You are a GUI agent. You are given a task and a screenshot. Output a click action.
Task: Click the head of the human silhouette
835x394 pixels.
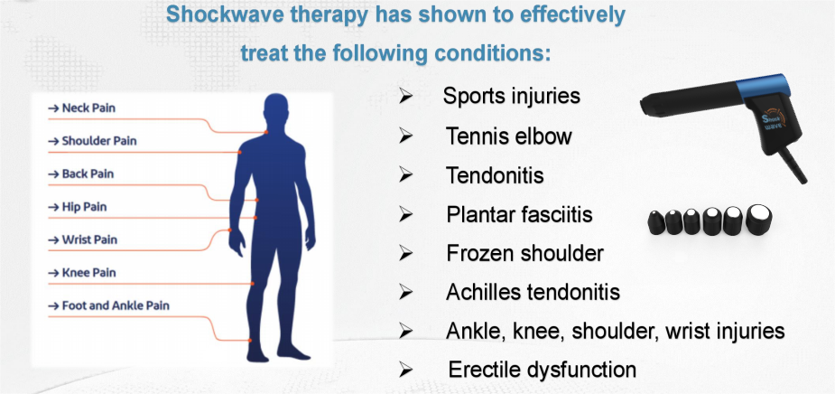tap(276, 111)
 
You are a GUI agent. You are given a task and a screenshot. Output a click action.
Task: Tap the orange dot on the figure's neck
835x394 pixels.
tap(265, 132)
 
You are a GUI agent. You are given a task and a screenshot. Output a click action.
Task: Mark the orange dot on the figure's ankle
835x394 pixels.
tap(249, 340)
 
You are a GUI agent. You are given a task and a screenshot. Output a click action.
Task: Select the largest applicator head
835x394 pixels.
tap(759, 219)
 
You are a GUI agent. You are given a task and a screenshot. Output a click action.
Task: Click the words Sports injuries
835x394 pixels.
tap(511, 96)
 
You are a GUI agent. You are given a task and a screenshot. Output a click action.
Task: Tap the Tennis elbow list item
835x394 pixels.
tap(508, 136)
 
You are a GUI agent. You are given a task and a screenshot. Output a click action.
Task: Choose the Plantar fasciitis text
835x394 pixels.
tap(519, 214)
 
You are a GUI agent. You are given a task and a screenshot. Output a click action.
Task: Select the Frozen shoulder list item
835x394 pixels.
tap(524, 253)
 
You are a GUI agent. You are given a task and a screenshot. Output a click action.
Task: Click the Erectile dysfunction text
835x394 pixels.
tap(543, 369)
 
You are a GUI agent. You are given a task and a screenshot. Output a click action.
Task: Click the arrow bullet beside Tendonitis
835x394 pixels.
tap(406, 175)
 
